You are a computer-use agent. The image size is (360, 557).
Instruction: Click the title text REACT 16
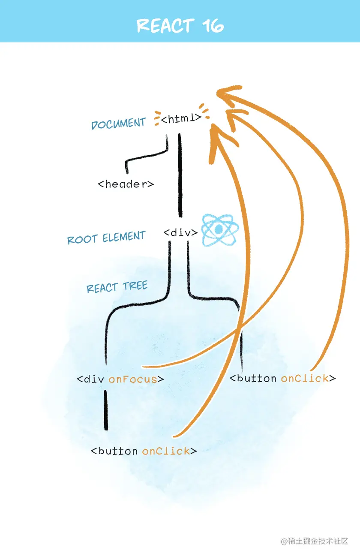click(180, 26)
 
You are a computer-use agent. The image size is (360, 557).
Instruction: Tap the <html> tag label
click(180, 118)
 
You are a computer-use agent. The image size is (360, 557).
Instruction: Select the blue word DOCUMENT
click(118, 124)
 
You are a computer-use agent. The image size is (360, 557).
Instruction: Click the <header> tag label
click(126, 184)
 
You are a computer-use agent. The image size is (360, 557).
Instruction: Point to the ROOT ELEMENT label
click(106, 238)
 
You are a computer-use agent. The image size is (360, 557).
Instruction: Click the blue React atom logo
click(219, 230)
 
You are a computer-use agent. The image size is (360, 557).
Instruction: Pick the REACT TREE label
click(117, 287)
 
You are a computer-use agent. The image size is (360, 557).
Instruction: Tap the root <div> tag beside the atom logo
click(180, 233)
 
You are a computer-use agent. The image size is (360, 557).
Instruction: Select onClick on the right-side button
click(305, 378)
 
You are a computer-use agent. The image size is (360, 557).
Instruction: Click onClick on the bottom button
click(166, 451)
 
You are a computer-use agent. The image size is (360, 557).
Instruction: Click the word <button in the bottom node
click(114, 451)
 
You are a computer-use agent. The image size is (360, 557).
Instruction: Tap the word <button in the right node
click(253, 378)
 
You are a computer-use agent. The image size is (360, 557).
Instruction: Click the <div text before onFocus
click(91, 379)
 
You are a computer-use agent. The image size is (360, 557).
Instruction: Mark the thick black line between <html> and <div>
click(180, 176)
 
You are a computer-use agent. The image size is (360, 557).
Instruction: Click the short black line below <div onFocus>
click(106, 409)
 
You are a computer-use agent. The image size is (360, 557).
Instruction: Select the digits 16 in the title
click(213, 26)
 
